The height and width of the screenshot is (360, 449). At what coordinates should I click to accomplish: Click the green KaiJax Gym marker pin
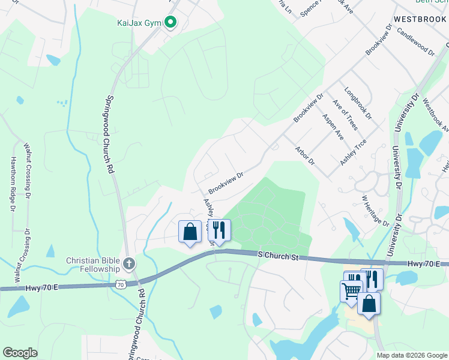(x=170, y=23)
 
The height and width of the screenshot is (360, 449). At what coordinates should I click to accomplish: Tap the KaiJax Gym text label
(x=139, y=23)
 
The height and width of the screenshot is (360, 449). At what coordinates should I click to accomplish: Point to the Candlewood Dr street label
(x=415, y=41)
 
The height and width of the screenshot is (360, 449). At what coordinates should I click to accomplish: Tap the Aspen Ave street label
(x=333, y=127)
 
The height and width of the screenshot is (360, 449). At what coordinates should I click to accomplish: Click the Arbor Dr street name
(x=304, y=154)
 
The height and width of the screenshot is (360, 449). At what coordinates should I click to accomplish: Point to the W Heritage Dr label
(x=375, y=209)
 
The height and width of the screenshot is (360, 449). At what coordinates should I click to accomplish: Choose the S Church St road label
(x=278, y=256)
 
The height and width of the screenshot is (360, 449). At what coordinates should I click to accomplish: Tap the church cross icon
(x=128, y=263)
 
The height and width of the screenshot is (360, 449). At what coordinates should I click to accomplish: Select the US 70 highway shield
(x=121, y=284)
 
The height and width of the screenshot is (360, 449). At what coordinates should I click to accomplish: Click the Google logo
(x=20, y=353)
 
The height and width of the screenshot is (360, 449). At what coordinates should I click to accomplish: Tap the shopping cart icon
(x=351, y=291)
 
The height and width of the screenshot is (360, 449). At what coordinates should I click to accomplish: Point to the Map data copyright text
(x=412, y=355)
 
